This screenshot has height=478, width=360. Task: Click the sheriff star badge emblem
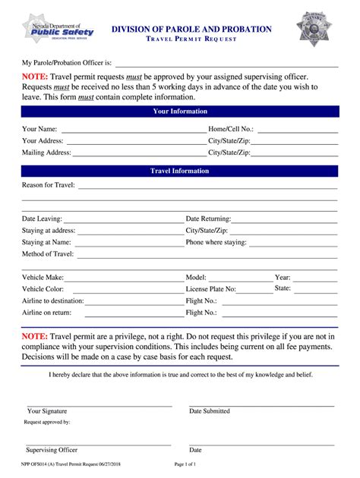pyautogui.click(x=313, y=29)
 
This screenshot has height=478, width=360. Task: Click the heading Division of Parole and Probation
pyautogui.click(x=191, y=29)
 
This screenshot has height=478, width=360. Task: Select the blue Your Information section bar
pyautogui.click(x=180, y=112)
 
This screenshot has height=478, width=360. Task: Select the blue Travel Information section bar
pyautogui.click(x=180, y=171)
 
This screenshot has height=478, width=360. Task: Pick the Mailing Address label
pyautogui.click(x=46, y=153)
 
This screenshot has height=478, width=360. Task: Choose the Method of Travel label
pyautogui.click(x=48, y=253)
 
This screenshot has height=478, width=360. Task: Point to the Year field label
pyautogui.click(x=283, y=278)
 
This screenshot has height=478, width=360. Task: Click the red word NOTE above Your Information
pyautogui.click(x=35, y=77)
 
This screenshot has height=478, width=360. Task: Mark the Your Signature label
pyautogui.click(x=47, y=410)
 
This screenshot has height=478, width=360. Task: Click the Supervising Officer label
pyautogui.click(x=52, y=450)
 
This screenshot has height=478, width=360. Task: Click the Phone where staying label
pyautogui.click(x=216, y=242)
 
